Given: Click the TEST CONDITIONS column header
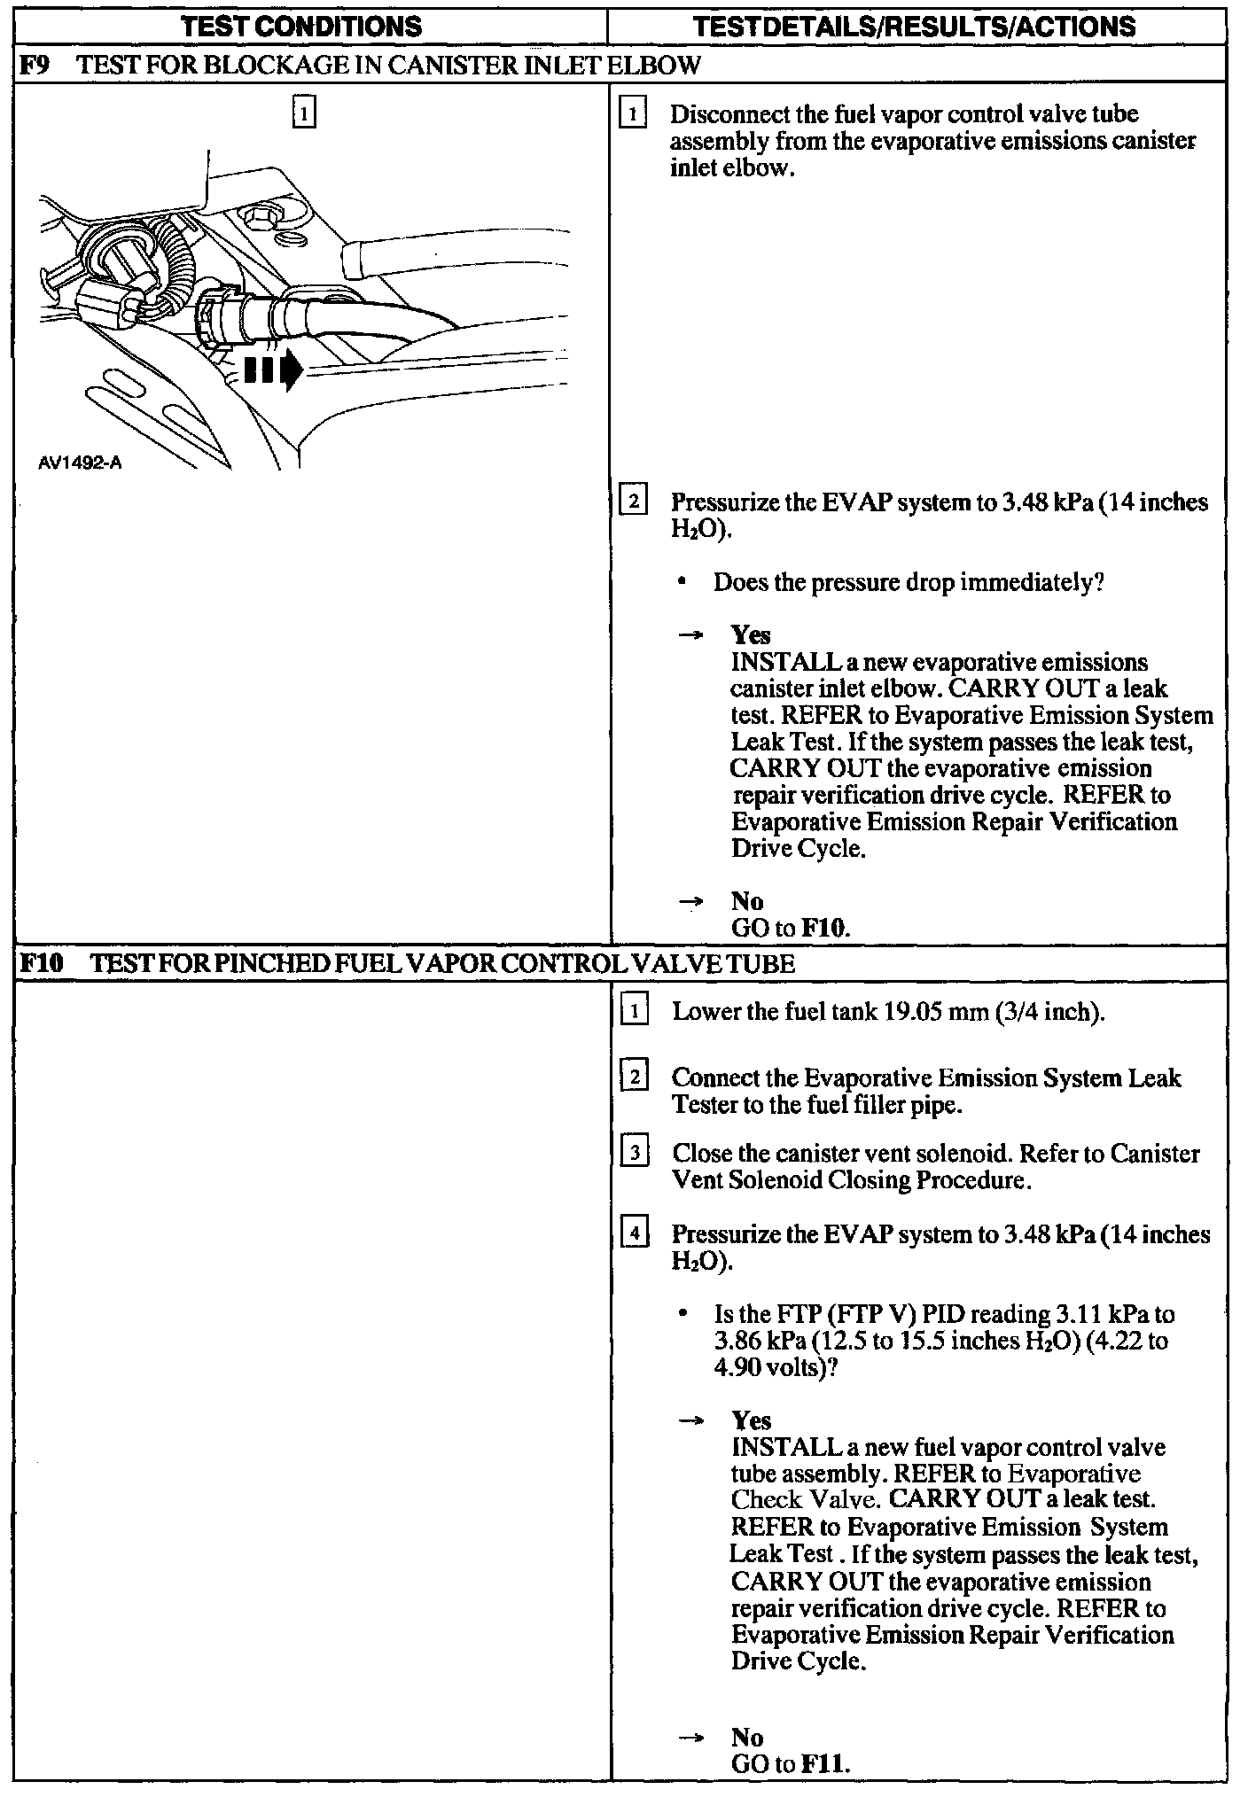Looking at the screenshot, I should coord(301,27).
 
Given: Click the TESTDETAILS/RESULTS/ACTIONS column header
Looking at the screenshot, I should coord(915,27).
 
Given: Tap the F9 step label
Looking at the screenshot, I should coord(32,65).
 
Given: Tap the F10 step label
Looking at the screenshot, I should coord(40,963).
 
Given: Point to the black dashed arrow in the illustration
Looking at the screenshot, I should coord(272,370).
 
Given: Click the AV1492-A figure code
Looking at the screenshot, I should coord(80,463).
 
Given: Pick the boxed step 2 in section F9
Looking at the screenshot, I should coord(634,502).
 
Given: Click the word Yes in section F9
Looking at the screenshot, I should coord(751,635).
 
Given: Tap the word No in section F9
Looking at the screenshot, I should coord(747,901).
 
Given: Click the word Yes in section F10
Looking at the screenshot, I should coord(751,1420).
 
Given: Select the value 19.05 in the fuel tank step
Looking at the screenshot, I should coord(913,1012).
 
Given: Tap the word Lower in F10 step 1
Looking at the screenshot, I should coord(700,1012).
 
